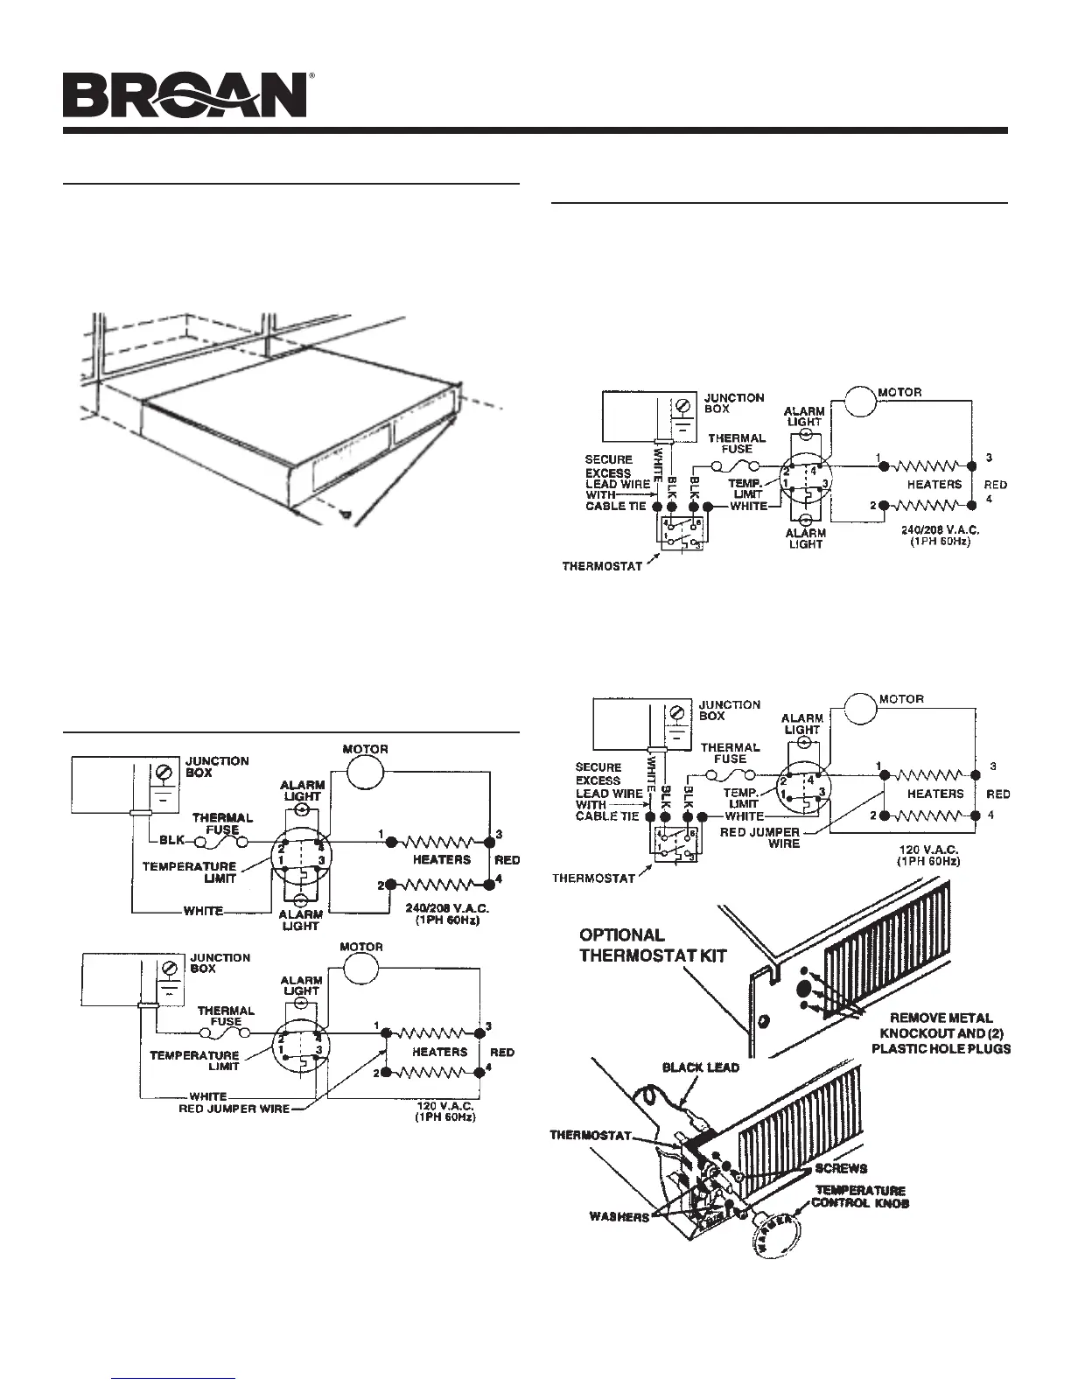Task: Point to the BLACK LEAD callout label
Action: click(701, 1067)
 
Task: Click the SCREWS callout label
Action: click(841, 1168)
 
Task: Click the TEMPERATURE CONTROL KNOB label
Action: click(861, 1197)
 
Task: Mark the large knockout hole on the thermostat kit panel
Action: click(802, 989)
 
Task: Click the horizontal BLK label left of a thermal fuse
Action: click(171, 840)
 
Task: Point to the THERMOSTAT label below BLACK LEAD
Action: click(591, 1137)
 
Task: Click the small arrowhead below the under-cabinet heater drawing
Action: click(349, 516)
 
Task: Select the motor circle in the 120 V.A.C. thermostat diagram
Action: click(861, 708)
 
